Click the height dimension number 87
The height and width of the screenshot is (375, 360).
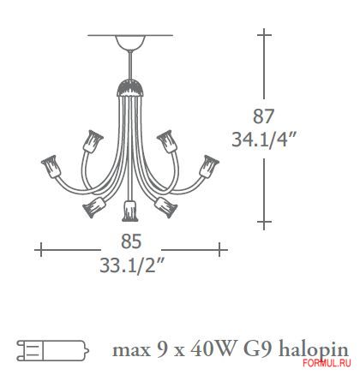click(263, 116)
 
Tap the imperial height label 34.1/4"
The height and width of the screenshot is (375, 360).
click(263, 140)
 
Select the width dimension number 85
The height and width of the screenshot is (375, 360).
click(131, 241)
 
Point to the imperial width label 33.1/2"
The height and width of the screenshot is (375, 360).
click(133, 265)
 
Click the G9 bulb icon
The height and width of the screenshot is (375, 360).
click(53, 349)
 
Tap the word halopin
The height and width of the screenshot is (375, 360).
click(314, 349)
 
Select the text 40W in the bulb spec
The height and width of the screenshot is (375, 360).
click(210, 349)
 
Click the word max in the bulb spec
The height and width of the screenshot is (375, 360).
click(131, 351)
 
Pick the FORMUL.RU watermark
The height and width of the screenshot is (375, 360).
click(327, 363)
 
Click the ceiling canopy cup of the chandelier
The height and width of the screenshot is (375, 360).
click(130, 43)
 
